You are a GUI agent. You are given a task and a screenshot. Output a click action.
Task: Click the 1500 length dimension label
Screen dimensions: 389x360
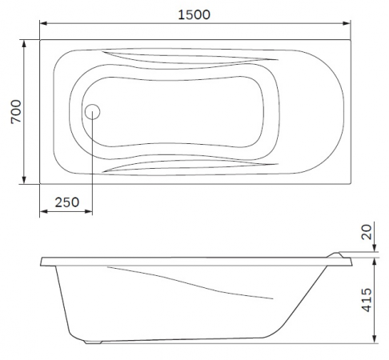[194, 14]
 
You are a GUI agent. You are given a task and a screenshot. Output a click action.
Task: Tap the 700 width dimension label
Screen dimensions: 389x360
[16, 112]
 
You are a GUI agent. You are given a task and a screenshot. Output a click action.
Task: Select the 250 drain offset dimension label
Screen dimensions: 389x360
[67, 202]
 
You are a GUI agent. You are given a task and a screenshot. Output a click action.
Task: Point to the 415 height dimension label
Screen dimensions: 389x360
[367, 300]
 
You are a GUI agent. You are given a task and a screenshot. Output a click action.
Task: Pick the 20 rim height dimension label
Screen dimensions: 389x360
[367, 232]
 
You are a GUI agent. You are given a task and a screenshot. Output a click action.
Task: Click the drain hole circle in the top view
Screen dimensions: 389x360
[92, 111]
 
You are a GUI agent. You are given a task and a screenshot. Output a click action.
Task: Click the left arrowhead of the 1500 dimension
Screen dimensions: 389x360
[43, 23]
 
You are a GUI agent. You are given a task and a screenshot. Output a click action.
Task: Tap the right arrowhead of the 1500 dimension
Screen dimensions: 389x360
[347, 23]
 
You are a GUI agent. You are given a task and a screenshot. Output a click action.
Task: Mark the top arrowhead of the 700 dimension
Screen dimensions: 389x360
[24, 44]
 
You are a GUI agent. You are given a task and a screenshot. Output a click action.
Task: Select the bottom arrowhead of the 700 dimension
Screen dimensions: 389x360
[24, 180]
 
